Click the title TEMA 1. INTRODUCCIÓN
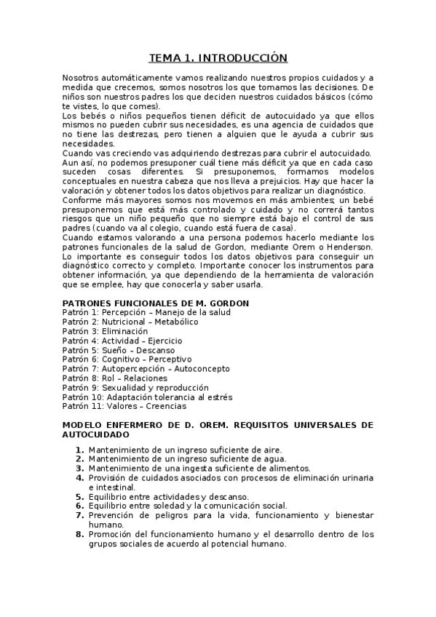coord(218,57)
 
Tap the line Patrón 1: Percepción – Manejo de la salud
coord(146,312)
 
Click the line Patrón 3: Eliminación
coord(105,331)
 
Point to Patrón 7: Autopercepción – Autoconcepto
coord(145,369)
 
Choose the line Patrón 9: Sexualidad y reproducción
coord(135,388)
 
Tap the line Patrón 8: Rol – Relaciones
coord(115,378)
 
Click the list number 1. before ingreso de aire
coord(80,450)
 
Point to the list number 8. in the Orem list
coord(80,534)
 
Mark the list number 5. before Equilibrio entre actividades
coord(80,496)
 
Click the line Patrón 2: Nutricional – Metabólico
coord(130,322)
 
